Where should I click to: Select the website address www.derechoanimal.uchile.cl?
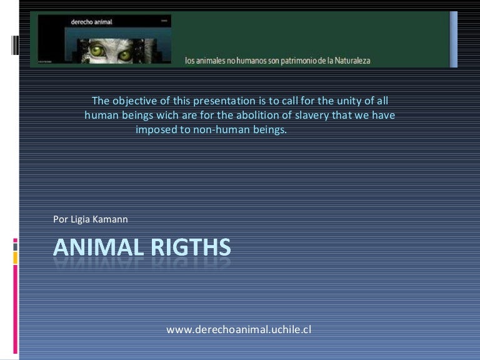[239, 329]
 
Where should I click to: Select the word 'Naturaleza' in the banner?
[348, 61]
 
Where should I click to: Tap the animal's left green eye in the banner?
[101, 46]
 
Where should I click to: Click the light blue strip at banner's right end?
[454, 39]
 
